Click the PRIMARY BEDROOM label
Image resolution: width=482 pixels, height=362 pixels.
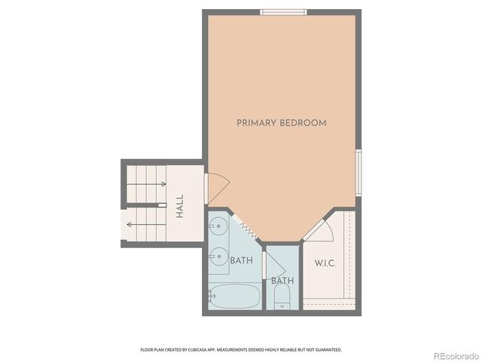(282, 122)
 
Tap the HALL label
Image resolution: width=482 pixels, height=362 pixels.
(180, 207)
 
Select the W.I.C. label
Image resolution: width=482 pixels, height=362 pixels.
(324, 263)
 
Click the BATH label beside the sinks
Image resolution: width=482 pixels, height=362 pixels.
(241, 261)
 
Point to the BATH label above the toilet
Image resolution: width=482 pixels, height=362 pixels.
(282, 281)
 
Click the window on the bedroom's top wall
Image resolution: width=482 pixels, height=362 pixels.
(284, 11)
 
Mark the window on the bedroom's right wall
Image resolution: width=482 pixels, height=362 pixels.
(358, 173)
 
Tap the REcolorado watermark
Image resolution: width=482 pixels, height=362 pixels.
(454, 355)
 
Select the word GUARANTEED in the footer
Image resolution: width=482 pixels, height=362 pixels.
(328, 350)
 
